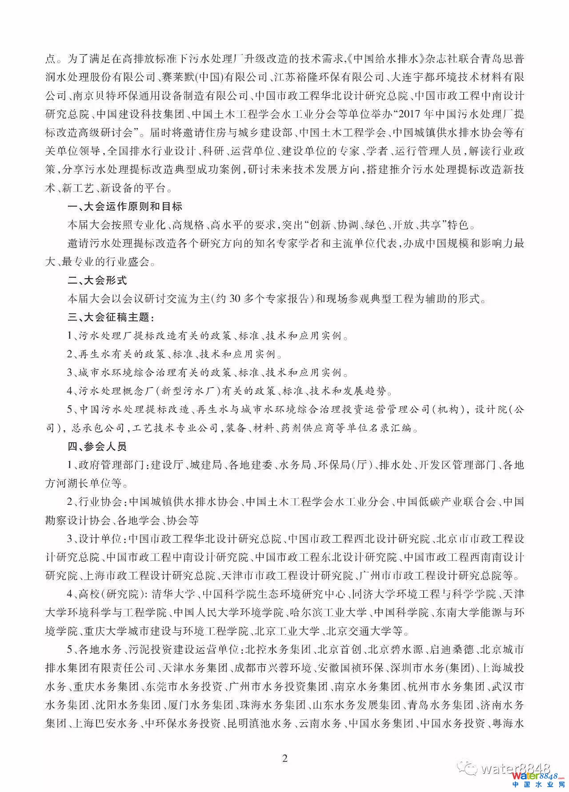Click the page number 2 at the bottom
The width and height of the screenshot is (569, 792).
pyautogui.click(x=285, y=758)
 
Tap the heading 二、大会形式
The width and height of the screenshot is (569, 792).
pyautogui.click(x=96, y=280)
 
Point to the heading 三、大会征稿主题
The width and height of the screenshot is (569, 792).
pyautogui.click(x=111, y=317)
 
